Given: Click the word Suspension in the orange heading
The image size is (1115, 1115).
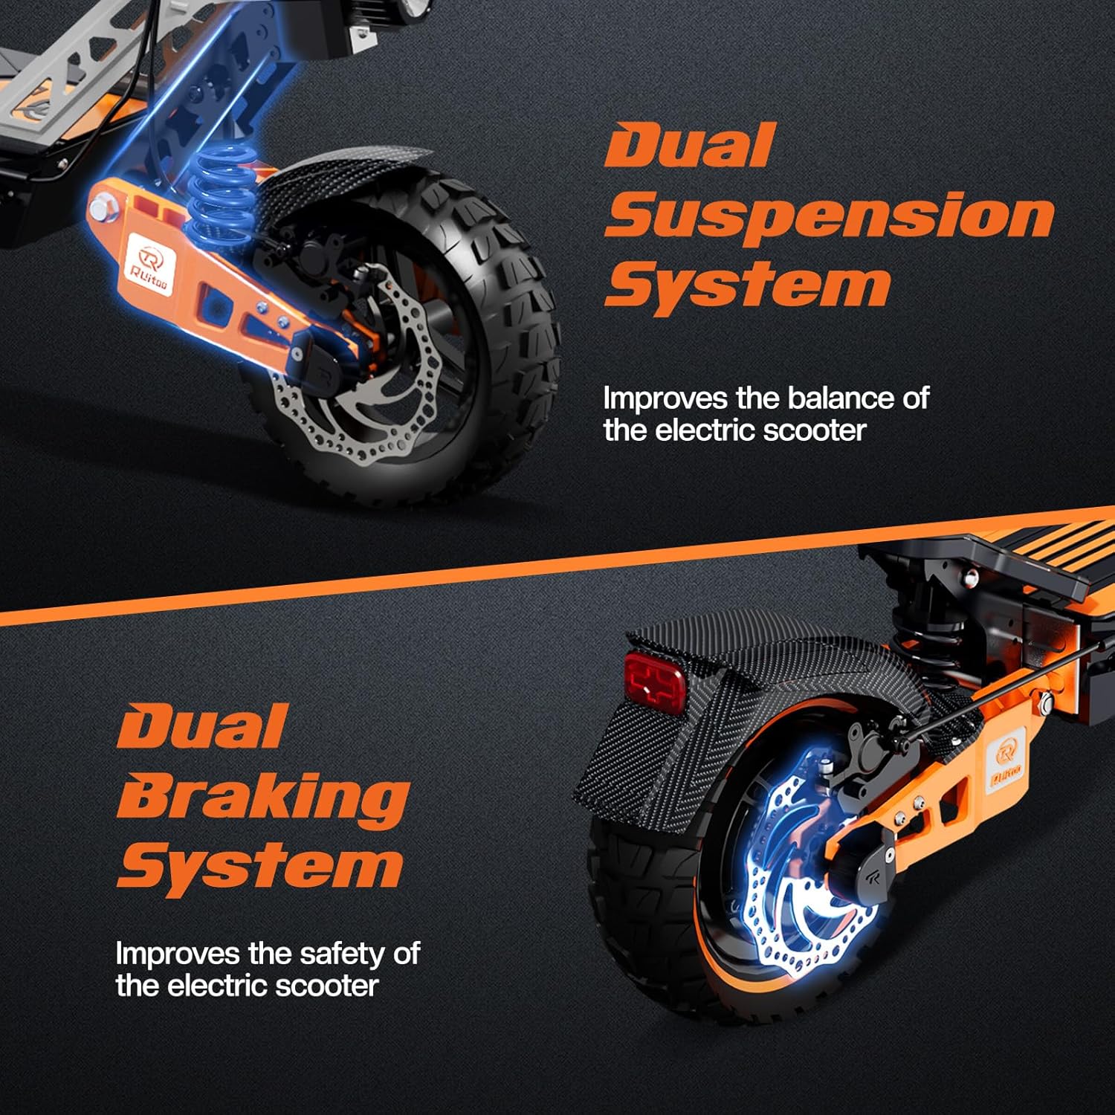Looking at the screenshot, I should pyautogui.click(x=829, y=216).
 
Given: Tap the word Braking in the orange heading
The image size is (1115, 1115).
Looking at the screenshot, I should pyautogui.click(x=262, y=797).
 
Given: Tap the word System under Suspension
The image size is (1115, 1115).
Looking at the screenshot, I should pyautogui.click(x=747, y=285).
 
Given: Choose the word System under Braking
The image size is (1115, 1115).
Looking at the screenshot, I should pyautogui.click(x=260, y=866).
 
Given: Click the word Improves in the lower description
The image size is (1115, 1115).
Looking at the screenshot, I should pyautogui.click(x=178, y=954).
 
